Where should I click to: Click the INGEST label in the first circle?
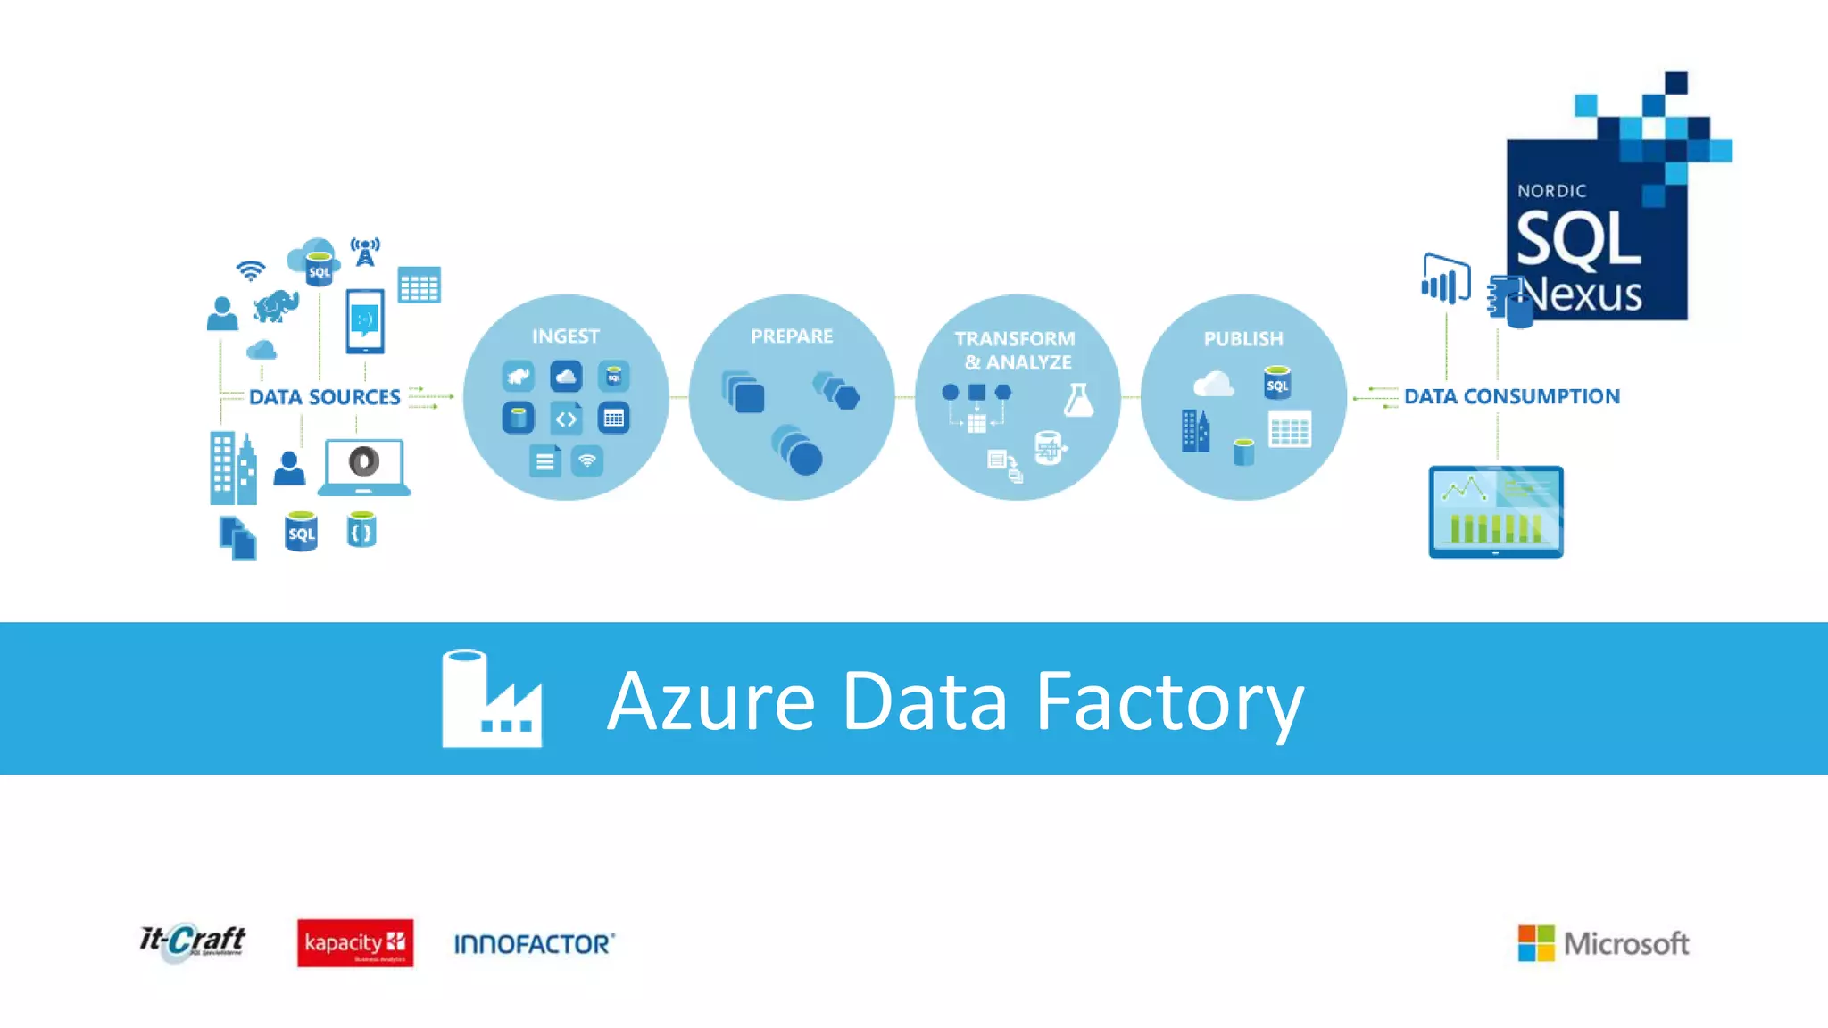coord(566,336)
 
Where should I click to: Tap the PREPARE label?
coord(792,336)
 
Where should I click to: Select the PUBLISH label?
coord(1243,339)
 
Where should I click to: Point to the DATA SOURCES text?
coord(325,397)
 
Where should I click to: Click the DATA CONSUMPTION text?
coord(1512,396)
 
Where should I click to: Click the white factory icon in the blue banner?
coord(492,699)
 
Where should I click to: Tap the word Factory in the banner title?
coord(1169,702)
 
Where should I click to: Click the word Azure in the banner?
coord(711,702)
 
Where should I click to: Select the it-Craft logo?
coord(192,941)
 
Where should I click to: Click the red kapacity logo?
coord(355,943)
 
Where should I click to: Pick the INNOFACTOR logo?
coord(534,944)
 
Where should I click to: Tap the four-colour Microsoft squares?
coord(1536,943)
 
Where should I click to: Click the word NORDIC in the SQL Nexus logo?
coord(1551,191)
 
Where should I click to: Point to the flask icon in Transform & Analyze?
coord(1078,400)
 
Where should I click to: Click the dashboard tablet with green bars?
coord(1496,511)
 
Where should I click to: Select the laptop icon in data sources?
coord(364,467)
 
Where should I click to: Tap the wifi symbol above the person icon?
coord(251,269)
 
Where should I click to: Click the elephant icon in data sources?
coord(276,305)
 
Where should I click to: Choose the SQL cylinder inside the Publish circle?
coord(1277,383)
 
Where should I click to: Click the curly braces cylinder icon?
coord(361,530)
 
